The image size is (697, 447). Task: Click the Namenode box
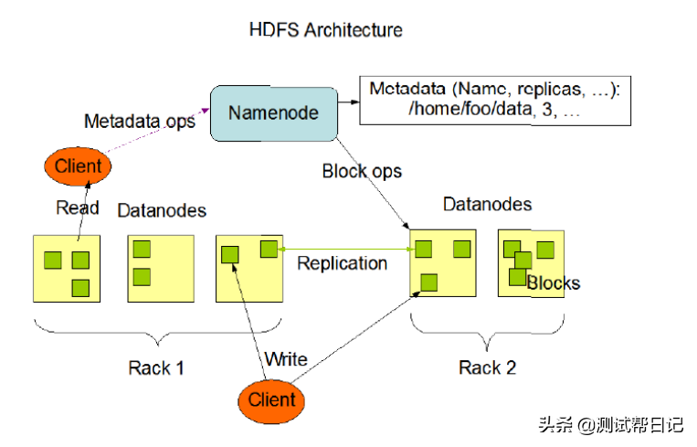tap(273, 113)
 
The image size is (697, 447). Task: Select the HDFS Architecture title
tap(325, 29)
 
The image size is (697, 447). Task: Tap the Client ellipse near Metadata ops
tap(78, 166)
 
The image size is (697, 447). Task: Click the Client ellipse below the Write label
tap(271, 399)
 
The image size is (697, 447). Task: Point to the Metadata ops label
tap(140, 122)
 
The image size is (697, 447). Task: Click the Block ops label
tap(362, 171)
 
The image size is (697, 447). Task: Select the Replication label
tap(343, 263)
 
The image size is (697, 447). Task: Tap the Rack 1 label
tap(155, 367)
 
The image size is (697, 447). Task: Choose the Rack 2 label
tap(487, 367)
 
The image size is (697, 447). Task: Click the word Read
tap(77, 208)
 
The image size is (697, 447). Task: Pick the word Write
tap(285, 359)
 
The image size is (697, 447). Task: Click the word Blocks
tap(554, 282)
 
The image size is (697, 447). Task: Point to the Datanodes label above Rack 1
tap(162, 211)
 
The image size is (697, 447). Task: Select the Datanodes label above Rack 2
tap(487, 204)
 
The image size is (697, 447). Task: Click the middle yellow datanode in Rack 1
tap(161, 268)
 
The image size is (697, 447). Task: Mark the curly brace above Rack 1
tap(157, 330)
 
